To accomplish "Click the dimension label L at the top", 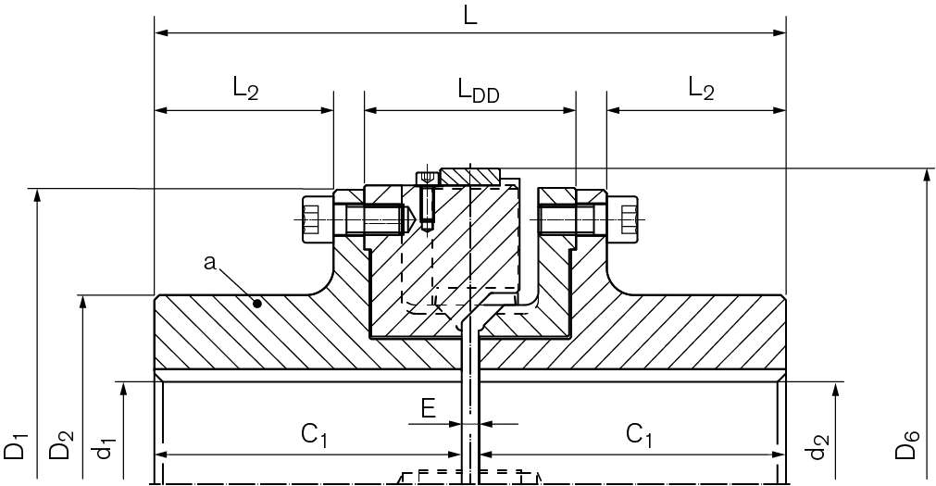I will [470, 16].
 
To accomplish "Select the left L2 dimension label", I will [245, 89].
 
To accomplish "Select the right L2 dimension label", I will [702, 89].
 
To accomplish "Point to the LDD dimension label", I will [478, 92].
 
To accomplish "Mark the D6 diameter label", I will [908, 446].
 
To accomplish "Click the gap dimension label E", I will [428, 408].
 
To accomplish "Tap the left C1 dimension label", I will [315, 433].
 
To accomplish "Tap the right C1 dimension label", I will [639, 433].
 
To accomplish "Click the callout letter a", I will [210, 264].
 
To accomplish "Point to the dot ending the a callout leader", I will [258, 302].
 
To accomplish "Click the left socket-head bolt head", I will [312, 219].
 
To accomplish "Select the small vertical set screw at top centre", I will [426, 199].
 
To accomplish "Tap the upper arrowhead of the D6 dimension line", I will [926, 177].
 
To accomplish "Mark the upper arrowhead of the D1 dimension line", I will [37, 196].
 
